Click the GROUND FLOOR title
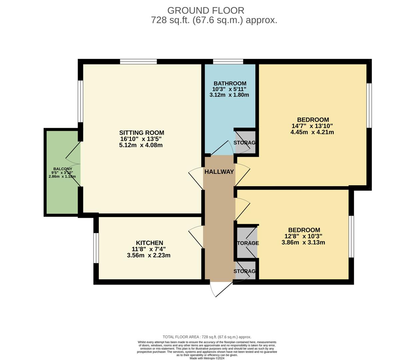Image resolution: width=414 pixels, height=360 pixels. coord(206,10)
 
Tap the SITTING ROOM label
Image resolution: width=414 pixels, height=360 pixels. coord(142,133)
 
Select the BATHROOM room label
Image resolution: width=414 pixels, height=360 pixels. coord(230,83)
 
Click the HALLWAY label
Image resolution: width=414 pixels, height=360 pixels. coord(219,172)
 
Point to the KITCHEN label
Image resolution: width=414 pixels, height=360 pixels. coord(149,243)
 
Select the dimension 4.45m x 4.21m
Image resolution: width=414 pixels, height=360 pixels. coord(312,132)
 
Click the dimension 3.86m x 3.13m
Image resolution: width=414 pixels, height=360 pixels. coord(303,242)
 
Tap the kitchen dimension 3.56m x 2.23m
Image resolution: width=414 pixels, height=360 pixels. coord(149,255)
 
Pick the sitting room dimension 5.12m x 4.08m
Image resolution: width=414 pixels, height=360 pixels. coord(141,145)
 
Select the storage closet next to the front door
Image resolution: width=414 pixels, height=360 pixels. coord(246,271)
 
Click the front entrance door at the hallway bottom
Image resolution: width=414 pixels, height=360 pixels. coord(221,289)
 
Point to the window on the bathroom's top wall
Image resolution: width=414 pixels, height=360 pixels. coord(228,61)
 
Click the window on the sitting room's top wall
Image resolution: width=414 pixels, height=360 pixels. coord(138,61)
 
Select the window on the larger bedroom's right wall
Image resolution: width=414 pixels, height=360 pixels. coord(369,105)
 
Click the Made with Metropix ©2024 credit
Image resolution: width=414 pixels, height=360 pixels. coord(207,358)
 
